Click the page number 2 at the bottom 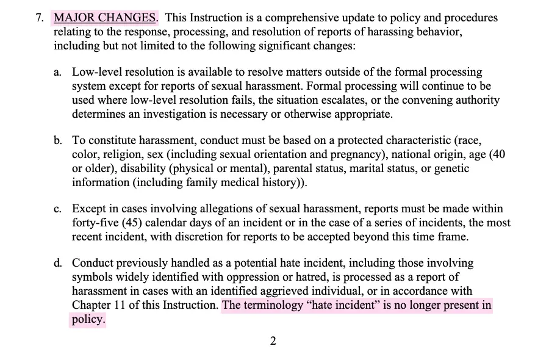pyautogui.click(x=273, y=341)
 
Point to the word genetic pyautogui.click(x=451, y=168)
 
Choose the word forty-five pyautogui.click(x=95, y=223)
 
